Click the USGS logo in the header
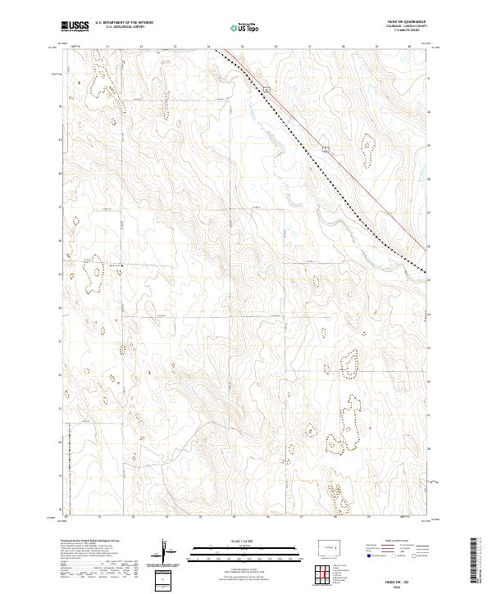pos(75,26)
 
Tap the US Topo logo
pos(246,27)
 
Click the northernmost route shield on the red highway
pos(270,85)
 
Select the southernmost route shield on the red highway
pos(325,148)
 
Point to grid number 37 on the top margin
pos(309,48)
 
